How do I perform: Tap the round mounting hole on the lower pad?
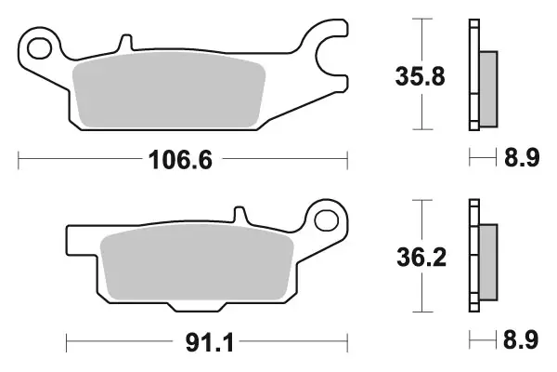click(327, 219)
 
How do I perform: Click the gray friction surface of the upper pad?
click(168, 91)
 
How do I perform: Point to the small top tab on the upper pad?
click(123, 44)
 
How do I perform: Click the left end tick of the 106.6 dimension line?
click(19, 161)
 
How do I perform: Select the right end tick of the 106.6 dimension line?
click(347, 161)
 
